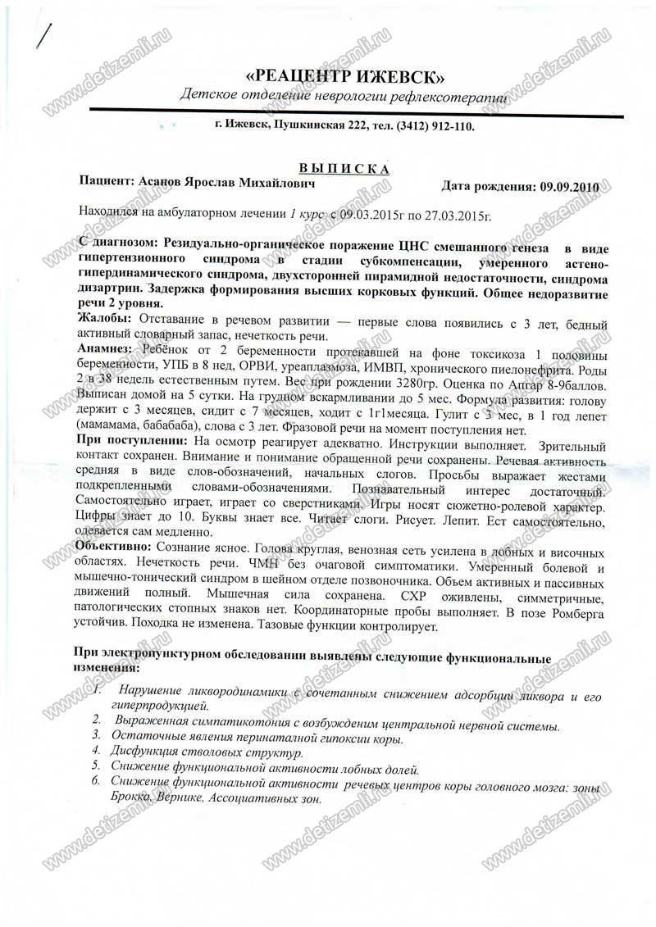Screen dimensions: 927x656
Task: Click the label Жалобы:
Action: (102, 317)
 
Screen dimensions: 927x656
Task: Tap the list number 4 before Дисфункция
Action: (96, 750)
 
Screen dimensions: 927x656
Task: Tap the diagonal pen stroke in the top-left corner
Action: (46, 37)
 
